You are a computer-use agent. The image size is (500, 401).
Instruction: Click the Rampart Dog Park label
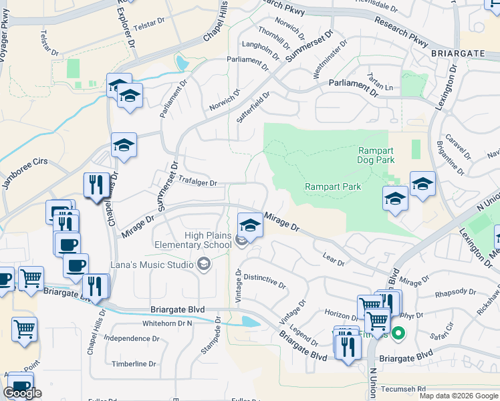(376, 155)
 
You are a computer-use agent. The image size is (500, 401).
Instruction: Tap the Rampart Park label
(333, 186)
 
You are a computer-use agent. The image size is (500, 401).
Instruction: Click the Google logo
(23, 392)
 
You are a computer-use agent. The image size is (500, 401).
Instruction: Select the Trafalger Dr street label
(198, 182)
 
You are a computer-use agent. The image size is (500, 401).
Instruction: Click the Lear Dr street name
(333, 260)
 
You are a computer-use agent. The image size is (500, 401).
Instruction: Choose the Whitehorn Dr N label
(167, 323)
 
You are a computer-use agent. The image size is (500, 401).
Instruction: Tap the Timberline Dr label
(134, 364)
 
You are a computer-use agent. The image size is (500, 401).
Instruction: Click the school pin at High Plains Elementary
(250, 225)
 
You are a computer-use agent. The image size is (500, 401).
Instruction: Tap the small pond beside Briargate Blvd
(250, 321)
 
